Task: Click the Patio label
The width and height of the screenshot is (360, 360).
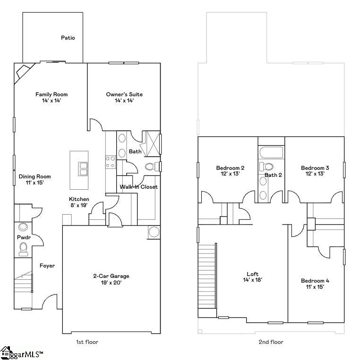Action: [x=68, y=38]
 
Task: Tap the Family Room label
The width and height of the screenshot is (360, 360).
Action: [x=49, y=94]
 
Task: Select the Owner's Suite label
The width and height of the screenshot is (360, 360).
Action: [x=124, y=94]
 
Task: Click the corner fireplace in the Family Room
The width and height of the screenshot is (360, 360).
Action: [x=22, y=72]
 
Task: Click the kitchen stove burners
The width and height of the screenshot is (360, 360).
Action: [x=111, y=162]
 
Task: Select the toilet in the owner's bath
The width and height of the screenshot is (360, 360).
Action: [x=151, y=167]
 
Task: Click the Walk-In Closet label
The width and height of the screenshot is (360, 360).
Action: [x=138, y=187]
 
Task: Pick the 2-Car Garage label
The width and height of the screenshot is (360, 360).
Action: [x=111, y=276]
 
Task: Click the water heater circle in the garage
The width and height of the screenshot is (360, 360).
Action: [x=154, y=232]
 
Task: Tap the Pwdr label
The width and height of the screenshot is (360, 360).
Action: [x=24, y=237]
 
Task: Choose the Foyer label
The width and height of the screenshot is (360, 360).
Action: [x=47, y=266]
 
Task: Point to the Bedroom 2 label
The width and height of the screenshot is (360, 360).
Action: [x=230, y=168]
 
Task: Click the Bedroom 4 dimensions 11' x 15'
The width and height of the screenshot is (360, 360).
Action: [x=315, y=287]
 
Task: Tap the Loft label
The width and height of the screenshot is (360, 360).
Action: [x=252, y=274]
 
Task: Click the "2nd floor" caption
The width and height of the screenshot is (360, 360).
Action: [x=271, y=342]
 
